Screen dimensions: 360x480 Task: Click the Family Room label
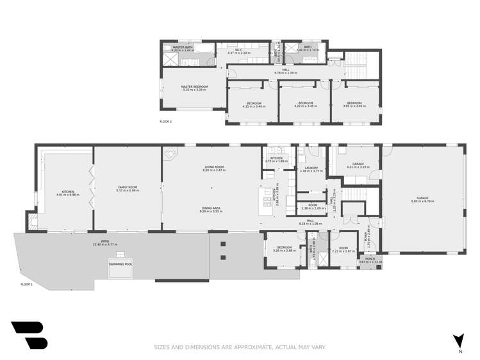tap(127, 188)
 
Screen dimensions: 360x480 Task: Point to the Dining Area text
tap(211, 208)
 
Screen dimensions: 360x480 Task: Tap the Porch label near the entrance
tap(370, 261)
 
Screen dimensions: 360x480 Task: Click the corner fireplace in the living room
tap(171, 154)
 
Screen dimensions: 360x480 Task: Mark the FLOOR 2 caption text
tap(166, 121)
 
